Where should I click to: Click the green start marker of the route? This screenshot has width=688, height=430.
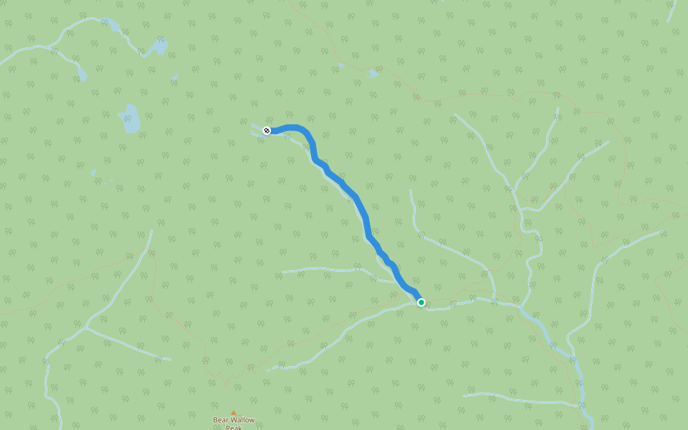421,302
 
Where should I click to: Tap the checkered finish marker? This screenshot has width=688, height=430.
267,130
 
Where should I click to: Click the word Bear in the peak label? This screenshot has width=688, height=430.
221,421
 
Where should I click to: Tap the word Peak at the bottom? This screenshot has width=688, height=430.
234,428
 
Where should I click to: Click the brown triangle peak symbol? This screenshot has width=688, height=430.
233,414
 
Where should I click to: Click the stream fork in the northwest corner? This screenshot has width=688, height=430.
49,48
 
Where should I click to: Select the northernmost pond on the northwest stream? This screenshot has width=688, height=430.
111,25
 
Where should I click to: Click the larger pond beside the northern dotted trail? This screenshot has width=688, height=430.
372,73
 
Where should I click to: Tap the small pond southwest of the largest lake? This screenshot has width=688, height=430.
94,173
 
